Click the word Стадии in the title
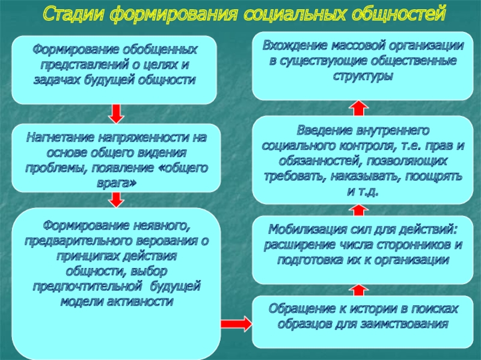click(x=75, y=13)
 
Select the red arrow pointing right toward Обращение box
click(x=236, y=323)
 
